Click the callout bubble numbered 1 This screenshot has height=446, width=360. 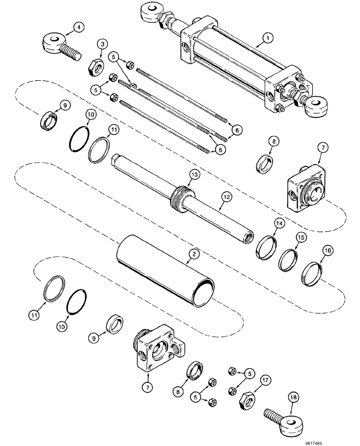268,39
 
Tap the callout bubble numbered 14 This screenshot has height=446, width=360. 279,222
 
